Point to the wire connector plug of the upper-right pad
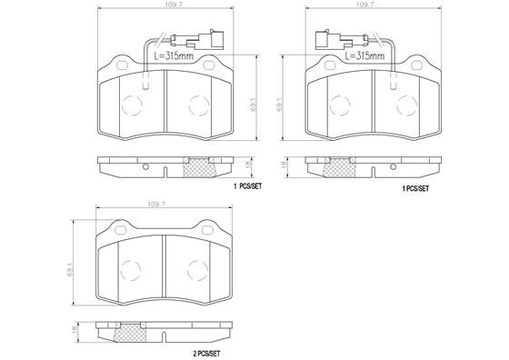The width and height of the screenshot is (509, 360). click(325, 40)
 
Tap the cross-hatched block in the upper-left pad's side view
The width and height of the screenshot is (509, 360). click(200, 166)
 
